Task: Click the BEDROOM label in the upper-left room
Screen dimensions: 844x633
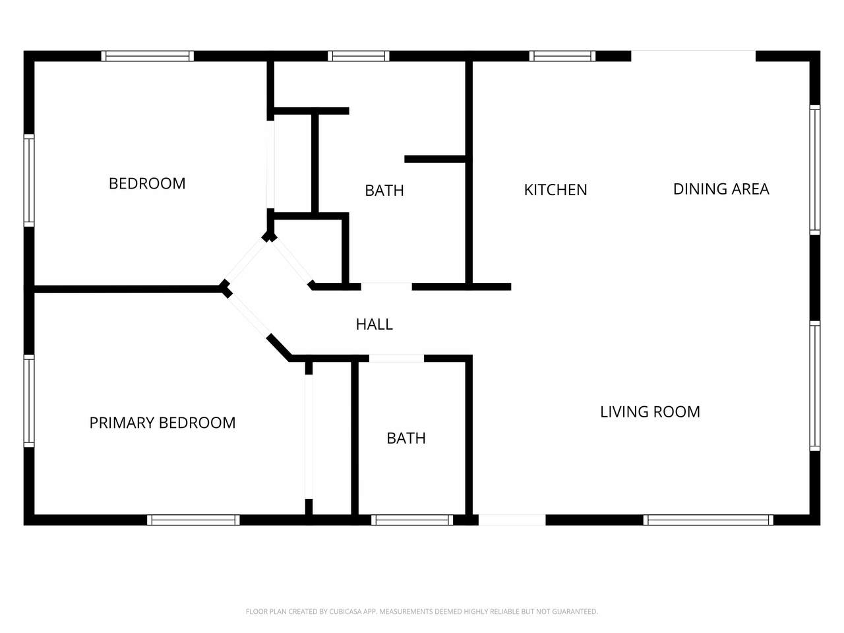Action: click(147, 183)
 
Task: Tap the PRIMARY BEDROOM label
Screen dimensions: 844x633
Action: click(162, 423)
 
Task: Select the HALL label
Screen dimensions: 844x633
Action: click(374, 324)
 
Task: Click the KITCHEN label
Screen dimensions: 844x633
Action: click(555, 189)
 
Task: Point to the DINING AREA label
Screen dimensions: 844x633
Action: click(721, 189)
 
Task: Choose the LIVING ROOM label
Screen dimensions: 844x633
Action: click(650, 411)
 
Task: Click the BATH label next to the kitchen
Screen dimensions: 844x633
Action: click(384, 191)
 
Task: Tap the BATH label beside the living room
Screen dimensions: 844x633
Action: click(406, 438)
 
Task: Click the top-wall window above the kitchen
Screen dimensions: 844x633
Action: click(562, 56)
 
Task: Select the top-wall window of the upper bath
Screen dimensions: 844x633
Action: click(358, 56)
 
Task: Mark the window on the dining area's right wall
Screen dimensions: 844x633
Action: click(815, 169)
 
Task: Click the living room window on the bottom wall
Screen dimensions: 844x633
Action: click(708, 520)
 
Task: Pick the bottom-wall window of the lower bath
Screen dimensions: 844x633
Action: click(412, 520)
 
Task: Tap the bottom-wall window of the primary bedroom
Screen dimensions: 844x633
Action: click(193, 520)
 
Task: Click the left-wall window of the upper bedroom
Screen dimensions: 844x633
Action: click(29, 180)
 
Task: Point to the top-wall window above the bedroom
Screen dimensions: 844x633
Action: click(148, 56)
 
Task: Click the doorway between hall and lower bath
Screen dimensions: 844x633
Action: click(396, 359)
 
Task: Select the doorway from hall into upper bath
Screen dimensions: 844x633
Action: click(386, 286)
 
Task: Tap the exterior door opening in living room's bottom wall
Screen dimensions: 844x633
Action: click(512, 520)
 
